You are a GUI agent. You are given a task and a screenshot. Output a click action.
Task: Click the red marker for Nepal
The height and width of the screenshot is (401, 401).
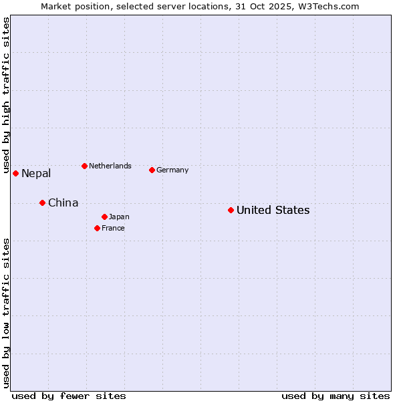15,174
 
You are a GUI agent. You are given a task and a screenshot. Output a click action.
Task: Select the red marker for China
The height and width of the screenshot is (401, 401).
42,203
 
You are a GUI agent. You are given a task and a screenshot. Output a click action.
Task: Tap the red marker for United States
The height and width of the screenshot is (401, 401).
231,210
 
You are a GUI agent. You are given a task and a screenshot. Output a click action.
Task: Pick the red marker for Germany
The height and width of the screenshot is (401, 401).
152,170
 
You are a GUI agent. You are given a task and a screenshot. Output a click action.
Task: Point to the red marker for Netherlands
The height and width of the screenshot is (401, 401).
84,166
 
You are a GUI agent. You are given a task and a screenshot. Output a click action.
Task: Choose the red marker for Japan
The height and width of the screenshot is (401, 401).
104,217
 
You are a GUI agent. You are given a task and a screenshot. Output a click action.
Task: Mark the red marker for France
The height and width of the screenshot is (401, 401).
97,228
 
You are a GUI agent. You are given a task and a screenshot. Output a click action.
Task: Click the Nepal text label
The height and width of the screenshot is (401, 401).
36,174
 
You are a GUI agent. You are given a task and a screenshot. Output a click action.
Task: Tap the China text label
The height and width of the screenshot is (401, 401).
63,203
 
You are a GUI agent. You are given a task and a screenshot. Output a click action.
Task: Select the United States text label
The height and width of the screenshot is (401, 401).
273,210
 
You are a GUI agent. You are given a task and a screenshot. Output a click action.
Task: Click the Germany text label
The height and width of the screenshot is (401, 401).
172,170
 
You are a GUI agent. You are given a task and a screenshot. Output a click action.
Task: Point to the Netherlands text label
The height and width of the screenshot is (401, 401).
110,166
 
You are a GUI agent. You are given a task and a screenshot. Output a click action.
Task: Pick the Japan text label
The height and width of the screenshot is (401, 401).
119,217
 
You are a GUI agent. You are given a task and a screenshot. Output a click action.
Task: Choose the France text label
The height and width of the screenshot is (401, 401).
113,228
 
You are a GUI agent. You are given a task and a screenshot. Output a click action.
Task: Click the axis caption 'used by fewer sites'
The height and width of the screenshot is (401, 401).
69,396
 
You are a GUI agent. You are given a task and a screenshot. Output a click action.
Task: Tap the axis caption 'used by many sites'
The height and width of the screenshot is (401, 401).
336,396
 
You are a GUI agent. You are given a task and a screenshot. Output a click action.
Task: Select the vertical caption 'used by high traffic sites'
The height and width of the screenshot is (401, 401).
6,96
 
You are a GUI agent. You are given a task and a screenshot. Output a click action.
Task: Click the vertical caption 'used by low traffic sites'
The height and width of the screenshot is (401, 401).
6,313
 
